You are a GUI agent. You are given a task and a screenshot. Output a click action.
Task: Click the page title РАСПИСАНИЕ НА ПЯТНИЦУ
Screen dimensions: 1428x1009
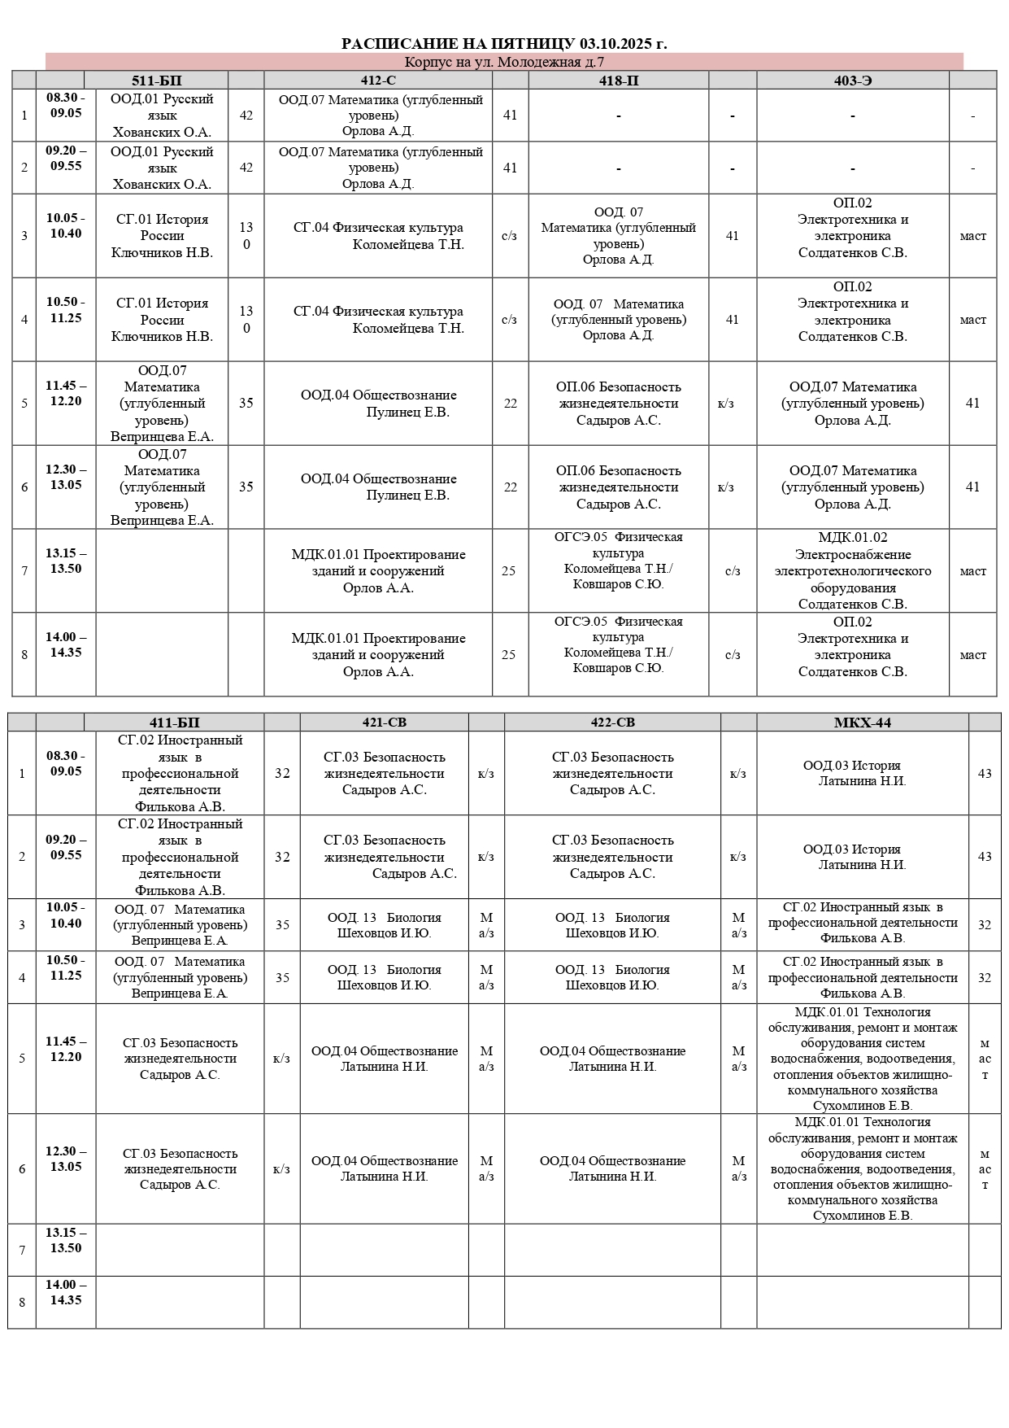click(504, 44)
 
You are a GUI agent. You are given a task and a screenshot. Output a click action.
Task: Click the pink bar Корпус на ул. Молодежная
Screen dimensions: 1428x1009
click(504, 62)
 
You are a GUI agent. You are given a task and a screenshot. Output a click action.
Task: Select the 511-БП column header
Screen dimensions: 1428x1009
click(156, 81)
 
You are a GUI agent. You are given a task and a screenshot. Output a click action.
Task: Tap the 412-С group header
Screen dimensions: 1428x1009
click(378, 81)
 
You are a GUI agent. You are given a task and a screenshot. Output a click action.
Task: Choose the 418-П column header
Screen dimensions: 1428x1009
click(618, 81)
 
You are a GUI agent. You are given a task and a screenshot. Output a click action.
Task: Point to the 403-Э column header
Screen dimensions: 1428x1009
click(852, 81)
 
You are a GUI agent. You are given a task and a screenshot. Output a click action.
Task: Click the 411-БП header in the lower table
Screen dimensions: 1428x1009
click(174, 723)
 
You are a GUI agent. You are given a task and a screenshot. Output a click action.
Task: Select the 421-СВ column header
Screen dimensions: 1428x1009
click(384, 723)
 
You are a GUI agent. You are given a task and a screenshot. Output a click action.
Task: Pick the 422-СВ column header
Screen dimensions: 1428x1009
click(612, 723)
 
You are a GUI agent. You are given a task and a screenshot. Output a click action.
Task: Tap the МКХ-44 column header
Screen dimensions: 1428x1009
click(862, 723)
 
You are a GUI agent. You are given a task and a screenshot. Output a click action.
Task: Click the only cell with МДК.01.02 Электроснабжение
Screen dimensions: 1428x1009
click(852, 571)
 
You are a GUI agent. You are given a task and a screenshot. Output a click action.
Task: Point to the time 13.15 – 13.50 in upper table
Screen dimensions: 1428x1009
click(66, 561)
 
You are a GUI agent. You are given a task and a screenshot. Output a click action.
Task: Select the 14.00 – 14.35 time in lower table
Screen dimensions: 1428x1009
click(66, 1293)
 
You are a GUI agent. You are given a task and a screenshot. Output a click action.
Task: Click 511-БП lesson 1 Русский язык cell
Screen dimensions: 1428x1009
click(162, 116)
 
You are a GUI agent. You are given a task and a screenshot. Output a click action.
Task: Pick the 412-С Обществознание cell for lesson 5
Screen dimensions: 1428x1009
click(378, 404)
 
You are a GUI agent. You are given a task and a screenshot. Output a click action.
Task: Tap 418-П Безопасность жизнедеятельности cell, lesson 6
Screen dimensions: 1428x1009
click(618, 487)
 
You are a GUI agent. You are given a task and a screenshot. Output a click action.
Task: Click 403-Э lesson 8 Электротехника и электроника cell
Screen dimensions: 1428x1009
click(852, 655)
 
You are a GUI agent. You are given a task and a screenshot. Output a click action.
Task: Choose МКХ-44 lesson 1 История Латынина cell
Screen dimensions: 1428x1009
click(862, 773)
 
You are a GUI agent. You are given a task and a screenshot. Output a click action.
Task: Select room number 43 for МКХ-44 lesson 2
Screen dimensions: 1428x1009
click(984, 857)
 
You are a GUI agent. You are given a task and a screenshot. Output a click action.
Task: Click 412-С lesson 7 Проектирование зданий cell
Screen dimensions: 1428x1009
click(378, 571)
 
